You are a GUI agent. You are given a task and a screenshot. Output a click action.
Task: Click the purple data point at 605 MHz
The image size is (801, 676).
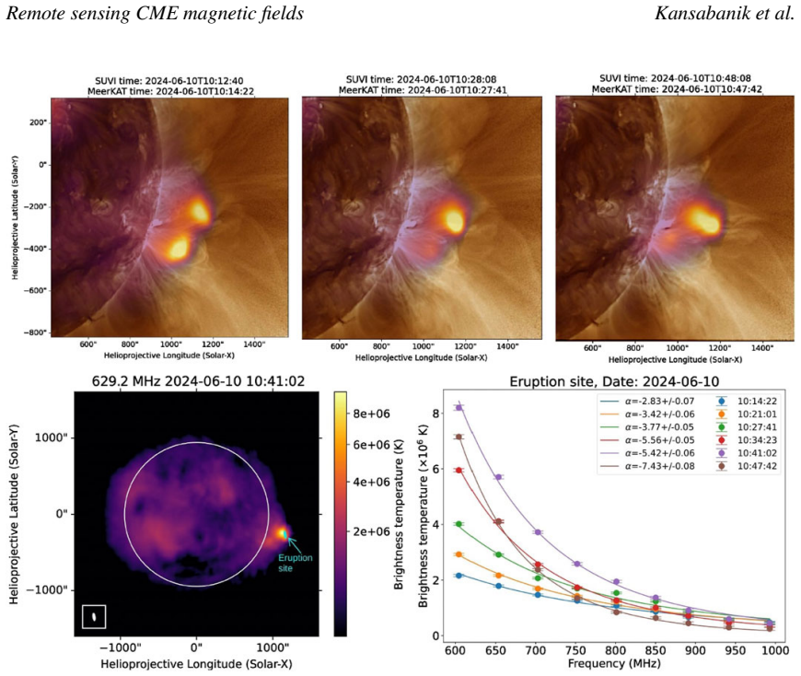(459, 407)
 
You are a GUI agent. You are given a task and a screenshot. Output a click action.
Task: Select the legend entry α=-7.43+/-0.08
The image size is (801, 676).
(659, 466)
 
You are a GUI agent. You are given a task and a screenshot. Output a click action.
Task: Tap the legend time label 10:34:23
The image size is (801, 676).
(757, 440)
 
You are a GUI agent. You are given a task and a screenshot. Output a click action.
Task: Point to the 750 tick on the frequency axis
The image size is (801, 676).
(575, 650)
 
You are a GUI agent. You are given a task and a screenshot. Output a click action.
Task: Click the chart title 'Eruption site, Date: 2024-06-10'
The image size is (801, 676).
(614, 381)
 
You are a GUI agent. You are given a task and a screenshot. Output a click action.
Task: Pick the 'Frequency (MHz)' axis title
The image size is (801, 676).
(614, 664)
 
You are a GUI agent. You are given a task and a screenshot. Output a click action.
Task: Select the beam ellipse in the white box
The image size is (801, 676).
(94, 617)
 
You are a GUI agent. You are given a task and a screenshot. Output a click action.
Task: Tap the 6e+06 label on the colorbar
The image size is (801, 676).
(371, 445)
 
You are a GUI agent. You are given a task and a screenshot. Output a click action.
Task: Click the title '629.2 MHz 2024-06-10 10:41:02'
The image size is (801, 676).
(198, 381)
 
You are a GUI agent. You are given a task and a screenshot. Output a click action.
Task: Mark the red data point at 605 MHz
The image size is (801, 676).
(459, 470)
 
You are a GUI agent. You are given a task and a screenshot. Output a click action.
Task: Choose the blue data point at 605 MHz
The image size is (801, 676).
(459, 576)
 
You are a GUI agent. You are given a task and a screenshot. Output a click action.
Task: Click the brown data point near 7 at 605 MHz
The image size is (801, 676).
(459, 437)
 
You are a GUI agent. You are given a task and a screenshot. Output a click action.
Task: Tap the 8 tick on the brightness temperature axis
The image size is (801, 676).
(435, 413)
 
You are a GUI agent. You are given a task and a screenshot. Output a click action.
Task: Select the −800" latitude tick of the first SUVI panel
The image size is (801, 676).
(35, 332)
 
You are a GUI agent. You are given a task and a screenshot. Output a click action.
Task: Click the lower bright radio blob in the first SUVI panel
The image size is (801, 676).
(179, 249)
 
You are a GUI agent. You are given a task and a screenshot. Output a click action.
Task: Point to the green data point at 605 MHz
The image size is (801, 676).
(459, 524)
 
